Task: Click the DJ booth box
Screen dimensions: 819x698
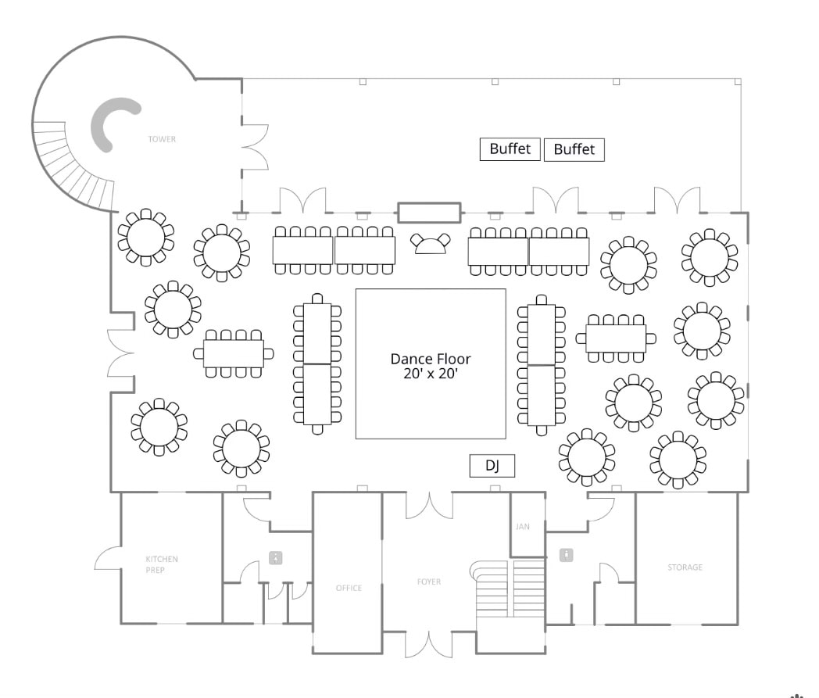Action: pos(492,466)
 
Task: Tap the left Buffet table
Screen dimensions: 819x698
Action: pos(510,149)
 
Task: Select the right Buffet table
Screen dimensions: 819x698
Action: pos(574,149)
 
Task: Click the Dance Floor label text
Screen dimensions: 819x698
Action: pos(431,366)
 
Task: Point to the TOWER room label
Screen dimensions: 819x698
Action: pos(162,139)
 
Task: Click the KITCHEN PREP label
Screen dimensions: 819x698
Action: pos(162,564)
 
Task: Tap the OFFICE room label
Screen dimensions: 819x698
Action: pos(349,588)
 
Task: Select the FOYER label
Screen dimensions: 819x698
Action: pos(429,582)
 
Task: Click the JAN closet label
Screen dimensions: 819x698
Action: pos(523,527)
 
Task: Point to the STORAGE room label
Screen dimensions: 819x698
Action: pos(685,567)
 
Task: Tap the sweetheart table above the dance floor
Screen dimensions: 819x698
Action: pos(431,243)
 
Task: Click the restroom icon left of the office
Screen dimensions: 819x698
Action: pos(275,558)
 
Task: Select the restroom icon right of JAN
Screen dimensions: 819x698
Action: pos(567,555)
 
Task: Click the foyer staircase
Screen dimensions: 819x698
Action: pos(508,589)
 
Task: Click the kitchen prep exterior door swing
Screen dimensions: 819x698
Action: pos(108,558)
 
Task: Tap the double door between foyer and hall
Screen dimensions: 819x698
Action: pos(429,505)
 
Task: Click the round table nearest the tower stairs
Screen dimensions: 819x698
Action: pos(145,237)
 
